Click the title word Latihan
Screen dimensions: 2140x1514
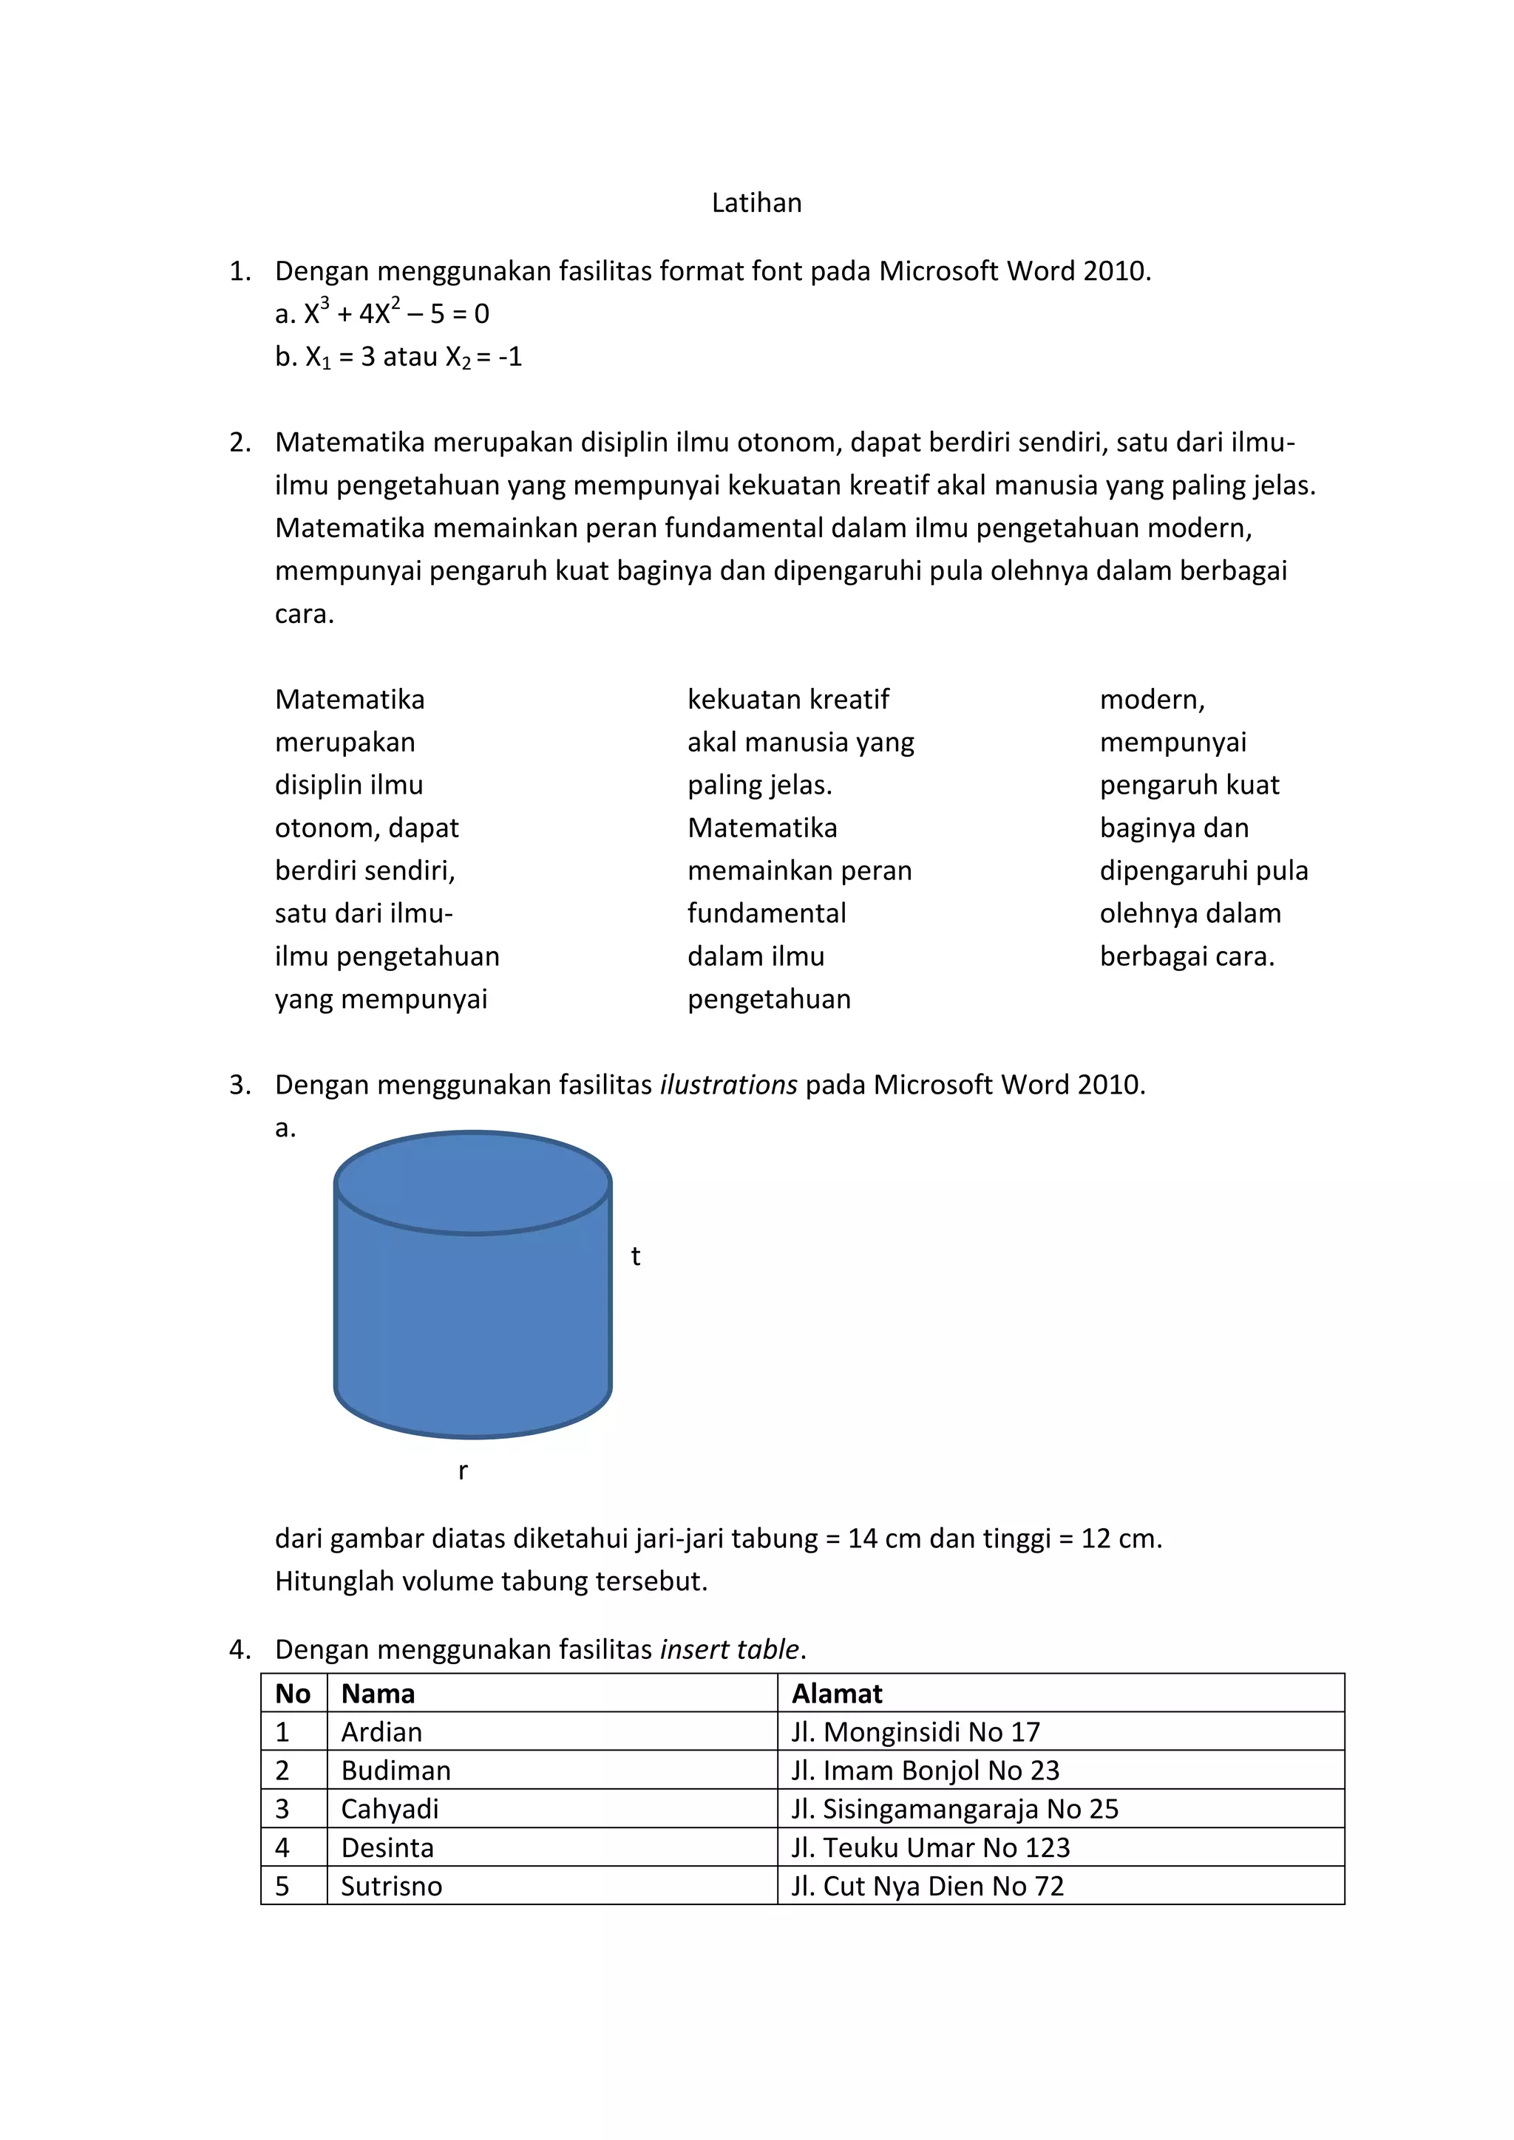pos(756,203)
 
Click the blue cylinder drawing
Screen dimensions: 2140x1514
pos(472,1305)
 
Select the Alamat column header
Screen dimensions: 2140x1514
pos(836,1694)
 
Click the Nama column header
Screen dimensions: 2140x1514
pos(378,1694)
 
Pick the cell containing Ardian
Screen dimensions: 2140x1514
pos(381,1732)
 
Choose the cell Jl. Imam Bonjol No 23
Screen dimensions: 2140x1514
pos(925,1770)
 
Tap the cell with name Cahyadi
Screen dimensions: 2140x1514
pos(390,1809)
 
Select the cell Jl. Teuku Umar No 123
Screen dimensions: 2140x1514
pos(931,1847)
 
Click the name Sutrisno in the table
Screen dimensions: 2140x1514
pos(392,1886)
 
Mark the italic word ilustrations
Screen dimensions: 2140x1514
pos(728,1085)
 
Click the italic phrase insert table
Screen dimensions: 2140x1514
pos(729,1650)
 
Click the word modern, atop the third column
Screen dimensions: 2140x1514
pos(1153,700)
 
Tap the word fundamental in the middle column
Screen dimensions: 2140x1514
pos(767,913)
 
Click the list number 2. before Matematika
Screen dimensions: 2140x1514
pos(240,443)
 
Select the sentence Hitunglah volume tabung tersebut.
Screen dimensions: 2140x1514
pos(492,1581)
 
